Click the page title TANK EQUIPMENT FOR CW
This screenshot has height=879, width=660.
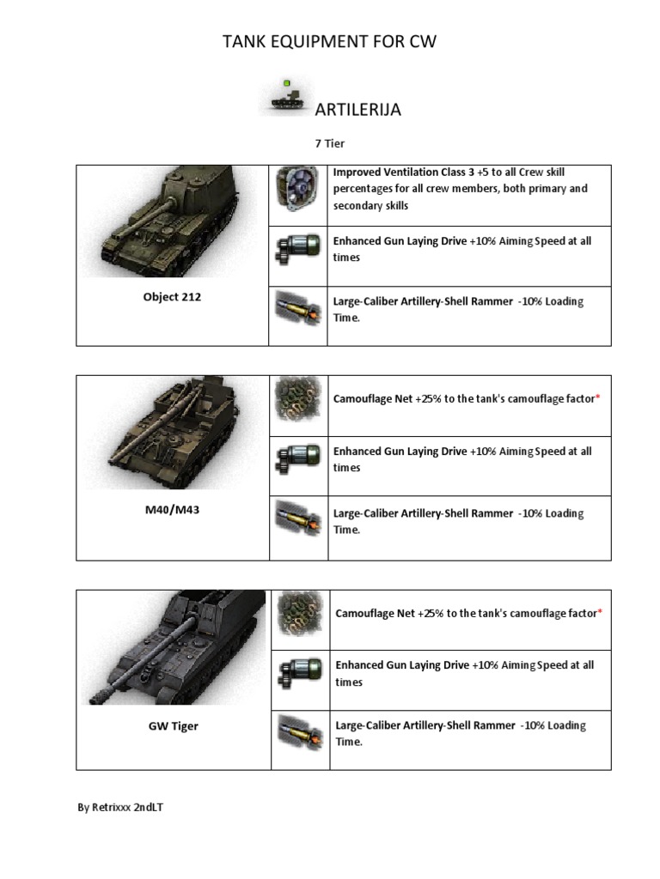click(330, 41)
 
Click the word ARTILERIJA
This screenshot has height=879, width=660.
click(358, 110)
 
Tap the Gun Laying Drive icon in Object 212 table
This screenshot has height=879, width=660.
click(297, 249)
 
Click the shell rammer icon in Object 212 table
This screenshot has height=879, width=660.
click(297, 308)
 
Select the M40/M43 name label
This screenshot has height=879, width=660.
click(172, 510)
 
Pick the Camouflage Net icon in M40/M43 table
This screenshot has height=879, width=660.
click(298, 398)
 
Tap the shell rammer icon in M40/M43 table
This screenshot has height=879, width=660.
click(298, 520)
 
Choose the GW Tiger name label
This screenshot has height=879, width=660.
click(173, 725)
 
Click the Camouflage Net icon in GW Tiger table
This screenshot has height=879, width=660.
click(299, 613)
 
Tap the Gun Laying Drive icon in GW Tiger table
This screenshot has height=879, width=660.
click(299, 672)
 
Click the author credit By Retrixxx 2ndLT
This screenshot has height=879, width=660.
click(120, 808)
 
